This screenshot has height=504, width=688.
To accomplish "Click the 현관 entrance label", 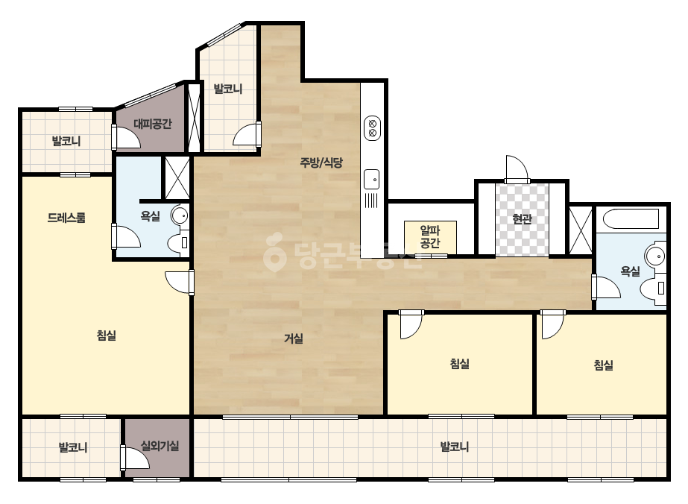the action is click(522, 218).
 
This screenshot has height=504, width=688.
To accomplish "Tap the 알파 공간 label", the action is click(430, 236).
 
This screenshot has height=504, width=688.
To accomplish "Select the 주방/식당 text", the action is click(321, 163).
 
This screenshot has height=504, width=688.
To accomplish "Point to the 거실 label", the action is click(294, 338).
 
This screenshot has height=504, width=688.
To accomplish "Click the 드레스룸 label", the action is click(66, 218).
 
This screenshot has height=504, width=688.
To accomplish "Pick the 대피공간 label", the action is click(152, 124).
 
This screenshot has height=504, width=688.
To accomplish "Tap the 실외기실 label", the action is click(160, 446).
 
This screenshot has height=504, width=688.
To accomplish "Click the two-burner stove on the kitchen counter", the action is click(372, 128).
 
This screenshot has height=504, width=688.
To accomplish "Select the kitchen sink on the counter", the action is click(372, 179).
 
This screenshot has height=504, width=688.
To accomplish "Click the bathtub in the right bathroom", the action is click(631, 219).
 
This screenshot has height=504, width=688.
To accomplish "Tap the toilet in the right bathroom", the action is click(654, 289).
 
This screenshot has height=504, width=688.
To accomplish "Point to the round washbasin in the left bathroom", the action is click(180, 215).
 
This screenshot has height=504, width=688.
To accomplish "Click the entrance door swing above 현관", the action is click(517, 169).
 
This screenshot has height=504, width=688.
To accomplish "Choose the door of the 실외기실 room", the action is click(135, 458).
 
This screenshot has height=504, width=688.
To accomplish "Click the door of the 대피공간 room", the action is click(126, 136).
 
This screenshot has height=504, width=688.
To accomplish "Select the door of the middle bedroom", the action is click(411, 324).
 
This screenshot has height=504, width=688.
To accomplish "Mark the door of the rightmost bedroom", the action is click(552, 324).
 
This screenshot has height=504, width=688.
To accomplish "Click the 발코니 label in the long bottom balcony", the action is click(455, 447).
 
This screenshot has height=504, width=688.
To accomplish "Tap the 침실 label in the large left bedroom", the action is click(106, 336).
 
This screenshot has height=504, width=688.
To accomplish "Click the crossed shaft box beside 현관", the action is click(581, 230).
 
